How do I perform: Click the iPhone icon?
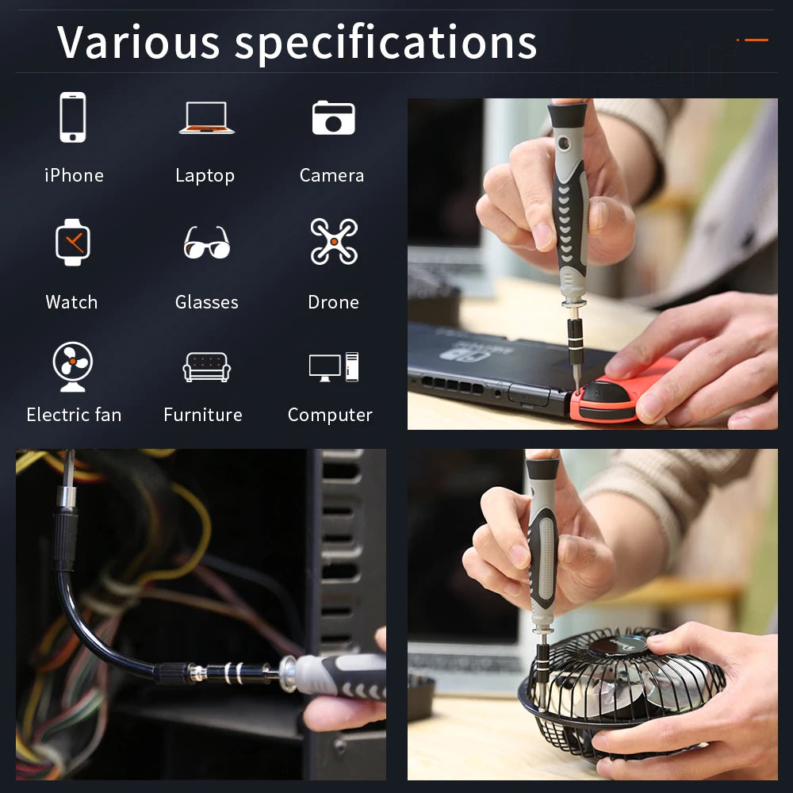(x=73, y=117)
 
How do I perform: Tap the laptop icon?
(x=205, y=117)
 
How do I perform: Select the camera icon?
(x=333, y=117)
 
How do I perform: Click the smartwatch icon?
(x=73, y=242)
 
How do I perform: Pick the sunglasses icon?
(x=206, y=243)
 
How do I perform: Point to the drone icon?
(x=334, y=241)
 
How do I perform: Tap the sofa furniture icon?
(x=205, y=367)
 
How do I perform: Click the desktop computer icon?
(x=333, y=367)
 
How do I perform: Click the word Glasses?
(x=206, y=302)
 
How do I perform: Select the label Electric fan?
(x=74, y=415)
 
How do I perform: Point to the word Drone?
(x=333, y=302)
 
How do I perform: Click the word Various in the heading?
(x=139, y=42)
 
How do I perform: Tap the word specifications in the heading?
(x=386, y=44)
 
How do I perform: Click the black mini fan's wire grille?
(x=626, y=698)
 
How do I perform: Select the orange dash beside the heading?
(x=753, y=40)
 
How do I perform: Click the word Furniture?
(x=203, y=415)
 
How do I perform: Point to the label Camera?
(x=331, y=175)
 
